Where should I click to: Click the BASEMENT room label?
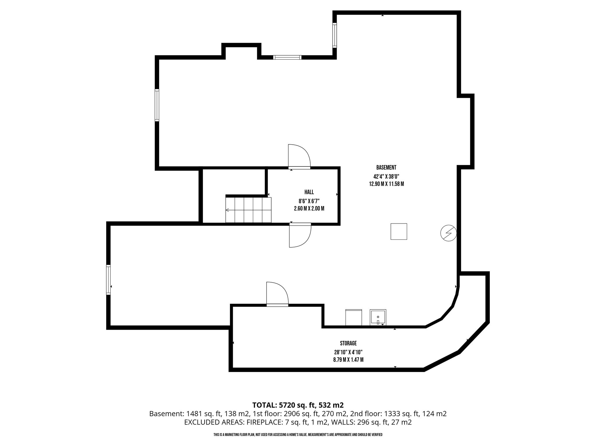pos(386,168)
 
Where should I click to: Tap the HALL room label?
pos(309,192)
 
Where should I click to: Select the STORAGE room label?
pos(348,343)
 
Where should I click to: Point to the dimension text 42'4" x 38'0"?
pos(386,176)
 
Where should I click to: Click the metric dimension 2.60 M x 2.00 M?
pos(309,209)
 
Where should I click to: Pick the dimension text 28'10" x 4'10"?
pos(348,352)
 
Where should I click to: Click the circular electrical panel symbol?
pos(448,233)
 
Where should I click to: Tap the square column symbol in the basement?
pos(399,231)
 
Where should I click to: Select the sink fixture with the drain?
pos(378,317)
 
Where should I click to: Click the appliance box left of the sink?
pos(354,317)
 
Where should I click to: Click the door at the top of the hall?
pos(299,157)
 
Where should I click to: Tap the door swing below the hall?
pos(300,235)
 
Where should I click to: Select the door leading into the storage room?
pos(277,294)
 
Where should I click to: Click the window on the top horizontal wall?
pos(287,57)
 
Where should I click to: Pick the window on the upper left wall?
pos(157,105)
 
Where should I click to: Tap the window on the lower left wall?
pos(109,280)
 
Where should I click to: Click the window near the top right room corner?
pos(335,35)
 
